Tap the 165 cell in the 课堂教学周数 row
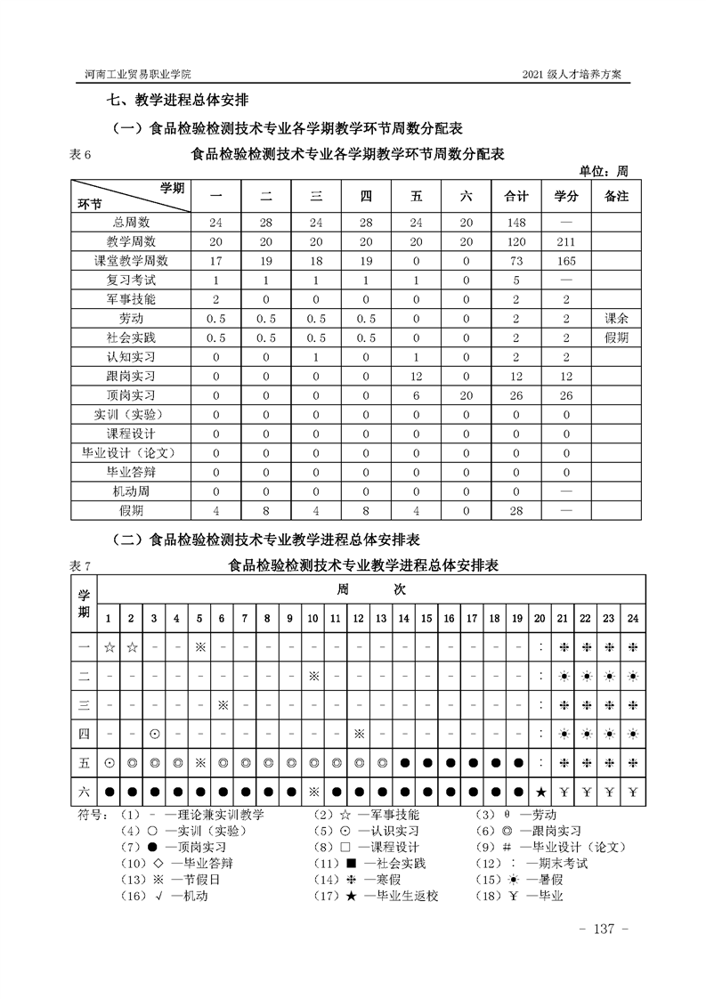coord(566,262)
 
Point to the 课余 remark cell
coord(616,319)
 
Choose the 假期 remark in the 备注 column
coord(616,338)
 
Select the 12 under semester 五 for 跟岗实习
coord(417,377)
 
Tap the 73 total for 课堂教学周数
coord(516,262)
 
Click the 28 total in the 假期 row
coord(516,511)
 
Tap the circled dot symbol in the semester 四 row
coord(154,734)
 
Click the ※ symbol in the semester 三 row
coord(223,704)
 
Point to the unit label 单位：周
coord(604,172)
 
